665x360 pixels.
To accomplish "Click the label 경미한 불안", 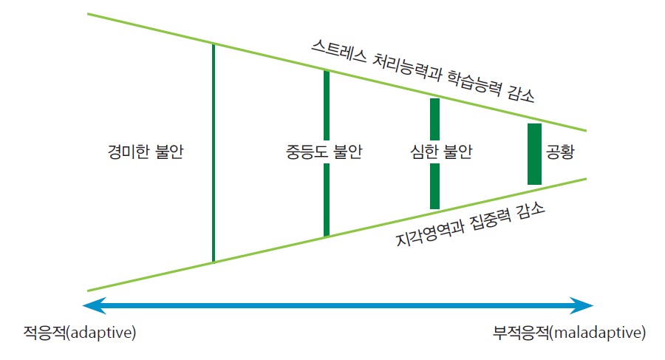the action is tap(146, 152).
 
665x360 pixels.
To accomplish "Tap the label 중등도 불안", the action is tap(324, 152).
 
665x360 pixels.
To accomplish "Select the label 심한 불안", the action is tap(441, 152).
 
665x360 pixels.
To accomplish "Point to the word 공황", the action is tap(560, 152).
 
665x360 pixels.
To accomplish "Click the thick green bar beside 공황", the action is tap(534, 154).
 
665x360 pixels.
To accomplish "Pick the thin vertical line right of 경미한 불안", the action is tap(214, 153).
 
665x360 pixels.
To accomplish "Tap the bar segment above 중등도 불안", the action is tap(327, 105).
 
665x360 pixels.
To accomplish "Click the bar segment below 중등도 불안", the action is tap(327, 200).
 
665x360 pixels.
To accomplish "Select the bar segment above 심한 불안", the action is tap(434, 119).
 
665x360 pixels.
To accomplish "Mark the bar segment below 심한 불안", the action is tap(434, 186).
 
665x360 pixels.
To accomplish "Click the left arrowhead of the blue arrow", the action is tap(94, 305).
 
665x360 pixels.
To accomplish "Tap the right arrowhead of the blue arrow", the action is tap(582, 305).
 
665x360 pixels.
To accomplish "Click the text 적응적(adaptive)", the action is tap(80, 333).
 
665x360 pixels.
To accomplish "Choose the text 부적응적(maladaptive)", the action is tap(569, 333).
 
